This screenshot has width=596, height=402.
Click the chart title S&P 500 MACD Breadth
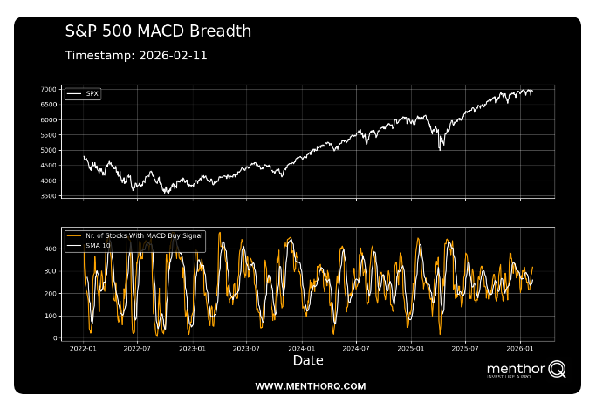[158, 31]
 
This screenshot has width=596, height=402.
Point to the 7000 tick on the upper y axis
[49, 90]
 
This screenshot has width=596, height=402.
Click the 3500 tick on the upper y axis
[49, 196]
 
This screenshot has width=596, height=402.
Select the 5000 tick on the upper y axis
[49, 151]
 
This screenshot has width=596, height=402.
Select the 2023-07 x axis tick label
[246, 347]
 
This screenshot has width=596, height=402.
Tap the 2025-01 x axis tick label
[411, 347]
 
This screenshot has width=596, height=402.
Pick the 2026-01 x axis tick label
[520, 347]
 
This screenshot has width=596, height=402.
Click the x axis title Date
[308, 360]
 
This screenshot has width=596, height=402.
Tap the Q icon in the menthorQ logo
[557, 370]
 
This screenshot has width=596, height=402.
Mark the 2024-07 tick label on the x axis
[356, 347]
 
